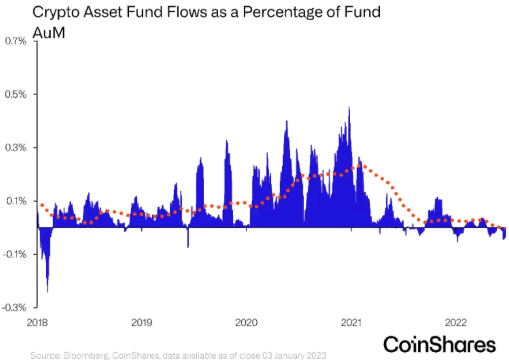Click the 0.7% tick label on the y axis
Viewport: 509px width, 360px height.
(x=15, y=41)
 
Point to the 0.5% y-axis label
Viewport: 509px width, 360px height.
(x=15, y=94)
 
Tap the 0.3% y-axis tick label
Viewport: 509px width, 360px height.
(x=15, y=148)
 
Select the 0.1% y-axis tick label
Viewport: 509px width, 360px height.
(x=15, y=201)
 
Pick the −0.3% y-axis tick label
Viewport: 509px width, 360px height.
(x=14, y=307)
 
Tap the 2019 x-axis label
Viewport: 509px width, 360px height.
(x=142, y=323)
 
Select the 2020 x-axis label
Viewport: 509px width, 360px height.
(x=246, y=323)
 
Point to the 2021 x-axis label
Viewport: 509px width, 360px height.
(x=351, y=323)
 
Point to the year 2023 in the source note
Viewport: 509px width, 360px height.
(x=316, y=355)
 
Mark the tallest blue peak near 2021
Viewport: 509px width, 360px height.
(x=349, y=108)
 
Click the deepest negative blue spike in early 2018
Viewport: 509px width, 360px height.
(x=48, y=291)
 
